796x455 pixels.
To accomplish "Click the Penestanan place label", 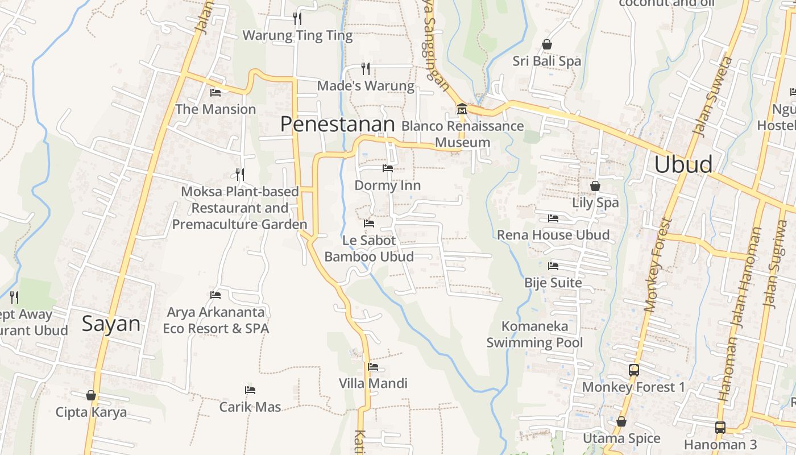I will pyautogui.click(x=338, y=124).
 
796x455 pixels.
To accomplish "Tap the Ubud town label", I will pyautogui.click(x=683, y=164).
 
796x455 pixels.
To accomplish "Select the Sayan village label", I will pyautogui.click(x=111, y=324).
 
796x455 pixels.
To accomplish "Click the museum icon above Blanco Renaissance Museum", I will pyautogui.click(x=462, y=108).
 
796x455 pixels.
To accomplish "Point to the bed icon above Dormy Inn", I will pyautogui.click(x=388, y=168).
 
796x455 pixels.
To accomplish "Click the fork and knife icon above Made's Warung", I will pyautogui.click(x=366, y=69).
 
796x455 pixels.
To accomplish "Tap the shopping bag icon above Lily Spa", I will pyautogui.click(x=595, y=186).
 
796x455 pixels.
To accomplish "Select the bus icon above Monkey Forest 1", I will pyautogui.click(x=634, y=370).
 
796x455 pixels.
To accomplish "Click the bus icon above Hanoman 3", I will pyautogui.click(x=720, y=427).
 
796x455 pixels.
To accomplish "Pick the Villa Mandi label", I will pyautogui.click(x=373, y=383).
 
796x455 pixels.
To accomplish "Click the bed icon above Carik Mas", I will pyautogui.click(x=250, y=390).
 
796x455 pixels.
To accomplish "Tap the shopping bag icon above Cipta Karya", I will pyautogui.click(x=91, y=395).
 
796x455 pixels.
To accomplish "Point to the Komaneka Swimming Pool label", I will pyautogui.click(x=534, y=334).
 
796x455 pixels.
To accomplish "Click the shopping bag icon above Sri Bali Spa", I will pyautogui.click(x=547, y=44).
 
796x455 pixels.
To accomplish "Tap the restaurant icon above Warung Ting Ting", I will pyautogui.click(x=297, y=19).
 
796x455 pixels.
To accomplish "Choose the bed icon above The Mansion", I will pyautogui.click(x=215, y=92).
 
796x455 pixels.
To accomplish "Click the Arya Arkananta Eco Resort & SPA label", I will pyautogui.click(x=215, y=320).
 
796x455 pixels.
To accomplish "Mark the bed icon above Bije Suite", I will pyautogui.click(x=553, y=266).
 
